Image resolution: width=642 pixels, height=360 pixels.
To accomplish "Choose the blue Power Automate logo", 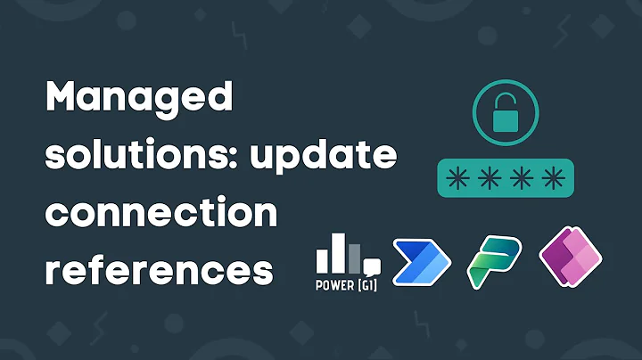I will click(x=423, y=261).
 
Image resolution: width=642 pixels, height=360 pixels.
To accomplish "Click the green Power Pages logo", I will click(x=494, y=260).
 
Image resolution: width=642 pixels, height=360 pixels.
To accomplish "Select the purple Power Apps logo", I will click(x=571, y=258).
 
